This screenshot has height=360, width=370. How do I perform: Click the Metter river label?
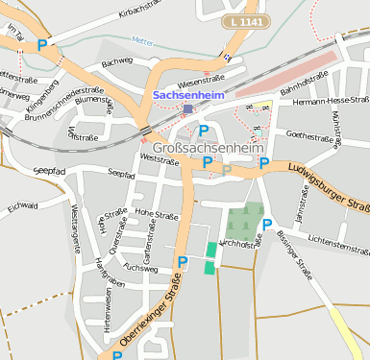click(142, 41)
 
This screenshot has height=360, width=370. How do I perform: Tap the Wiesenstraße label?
click(201, 79)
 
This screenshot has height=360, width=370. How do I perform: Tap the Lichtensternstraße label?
click(334, 240)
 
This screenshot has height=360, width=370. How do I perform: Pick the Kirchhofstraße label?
click(240, 245)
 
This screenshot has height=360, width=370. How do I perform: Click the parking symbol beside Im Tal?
click(42, 44)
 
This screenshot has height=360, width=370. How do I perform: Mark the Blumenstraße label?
click(94, 99)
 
